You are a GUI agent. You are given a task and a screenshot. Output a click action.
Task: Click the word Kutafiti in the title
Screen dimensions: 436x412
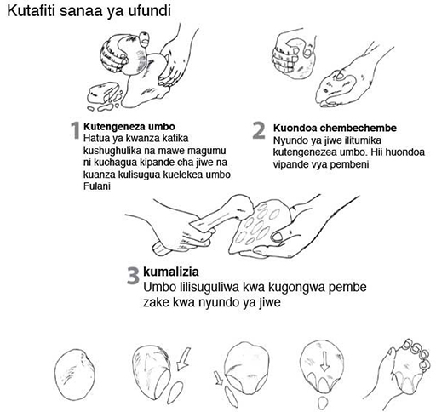(x=32, y=11)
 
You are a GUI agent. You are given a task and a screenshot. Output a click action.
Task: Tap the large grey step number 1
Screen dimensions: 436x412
(x=75, y=130)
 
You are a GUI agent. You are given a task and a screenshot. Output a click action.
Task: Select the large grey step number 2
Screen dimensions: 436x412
(x=259, y=130)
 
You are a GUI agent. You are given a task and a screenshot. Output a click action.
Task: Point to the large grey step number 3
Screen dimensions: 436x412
(x=133, y=276)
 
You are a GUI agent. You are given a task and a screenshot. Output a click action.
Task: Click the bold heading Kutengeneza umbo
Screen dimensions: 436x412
(x=129, y=126)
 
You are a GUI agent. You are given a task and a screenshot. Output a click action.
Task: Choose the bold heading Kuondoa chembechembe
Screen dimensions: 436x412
(x=335, y=128)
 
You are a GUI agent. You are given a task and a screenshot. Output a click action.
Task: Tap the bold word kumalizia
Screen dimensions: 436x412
(x=171, y=272)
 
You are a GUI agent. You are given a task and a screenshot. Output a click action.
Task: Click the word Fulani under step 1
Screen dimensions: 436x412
(x=97, y=186)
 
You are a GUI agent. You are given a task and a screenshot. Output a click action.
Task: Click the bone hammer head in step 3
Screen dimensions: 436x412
(x=240, y=207)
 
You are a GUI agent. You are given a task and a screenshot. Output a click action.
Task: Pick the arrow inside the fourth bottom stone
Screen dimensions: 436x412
(x=324, y=362)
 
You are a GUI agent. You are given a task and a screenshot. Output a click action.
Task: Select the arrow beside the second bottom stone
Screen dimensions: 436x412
(x=183, y=359)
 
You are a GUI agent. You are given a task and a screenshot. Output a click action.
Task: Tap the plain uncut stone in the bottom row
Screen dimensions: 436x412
(x=74, y=375)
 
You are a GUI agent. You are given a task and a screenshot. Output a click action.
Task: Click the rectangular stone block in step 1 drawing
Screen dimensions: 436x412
(x=101, y=93)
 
